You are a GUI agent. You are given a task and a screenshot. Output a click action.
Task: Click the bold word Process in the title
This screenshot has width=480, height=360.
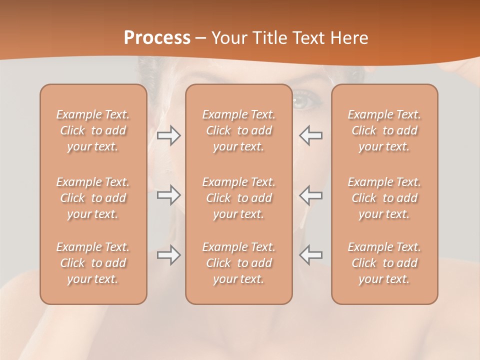point(157,38)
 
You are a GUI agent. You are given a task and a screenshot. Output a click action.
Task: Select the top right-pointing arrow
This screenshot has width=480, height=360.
point(169,135)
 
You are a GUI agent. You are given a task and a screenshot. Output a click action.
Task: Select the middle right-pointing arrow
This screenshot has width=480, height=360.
point(169,195)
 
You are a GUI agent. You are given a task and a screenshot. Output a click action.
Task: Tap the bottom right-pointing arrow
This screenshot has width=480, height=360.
point(169,255)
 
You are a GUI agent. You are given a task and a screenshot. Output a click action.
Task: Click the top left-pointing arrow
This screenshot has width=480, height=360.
point(310,135)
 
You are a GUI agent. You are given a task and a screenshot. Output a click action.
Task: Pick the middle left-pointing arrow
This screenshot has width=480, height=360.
point(310,195)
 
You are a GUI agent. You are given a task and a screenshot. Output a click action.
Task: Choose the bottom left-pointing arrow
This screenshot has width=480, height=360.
point(310,255)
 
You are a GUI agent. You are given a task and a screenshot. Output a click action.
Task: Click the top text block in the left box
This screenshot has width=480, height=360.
point(93,130)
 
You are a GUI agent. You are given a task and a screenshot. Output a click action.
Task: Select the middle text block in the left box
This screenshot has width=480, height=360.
point(93,198)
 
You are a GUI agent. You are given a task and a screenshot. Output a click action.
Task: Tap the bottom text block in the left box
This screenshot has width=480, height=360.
point(93,263)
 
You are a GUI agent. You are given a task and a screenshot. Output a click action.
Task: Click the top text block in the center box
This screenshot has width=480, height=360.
point(238,130)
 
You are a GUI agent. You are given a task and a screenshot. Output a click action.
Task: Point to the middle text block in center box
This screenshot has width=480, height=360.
point(238,198)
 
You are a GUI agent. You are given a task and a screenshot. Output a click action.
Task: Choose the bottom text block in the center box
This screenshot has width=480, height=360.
point(238,263)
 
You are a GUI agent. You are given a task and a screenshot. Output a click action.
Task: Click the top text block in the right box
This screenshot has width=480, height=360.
point(384,130)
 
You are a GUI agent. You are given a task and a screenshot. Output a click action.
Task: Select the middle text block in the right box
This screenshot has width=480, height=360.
point(384,198)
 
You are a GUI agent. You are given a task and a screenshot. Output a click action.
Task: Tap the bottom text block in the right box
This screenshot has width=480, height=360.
point(384,263)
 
